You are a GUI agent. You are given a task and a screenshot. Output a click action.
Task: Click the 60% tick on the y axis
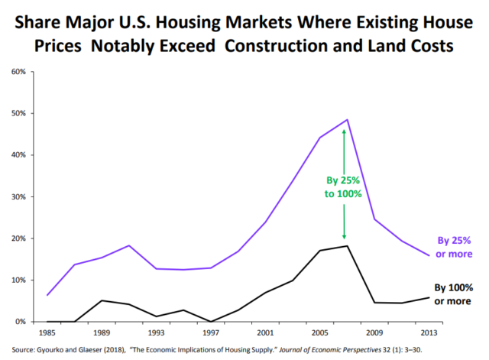[18, 72]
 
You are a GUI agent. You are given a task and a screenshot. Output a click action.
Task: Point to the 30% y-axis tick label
[18, 196]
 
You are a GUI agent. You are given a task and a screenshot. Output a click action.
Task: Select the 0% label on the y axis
[20, 322]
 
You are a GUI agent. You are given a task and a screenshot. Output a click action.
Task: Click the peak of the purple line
[347, 119]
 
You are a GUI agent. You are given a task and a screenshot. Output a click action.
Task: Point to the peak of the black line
[347, 245]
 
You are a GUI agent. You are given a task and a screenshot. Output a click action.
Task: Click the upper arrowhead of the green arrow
[344, 131]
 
